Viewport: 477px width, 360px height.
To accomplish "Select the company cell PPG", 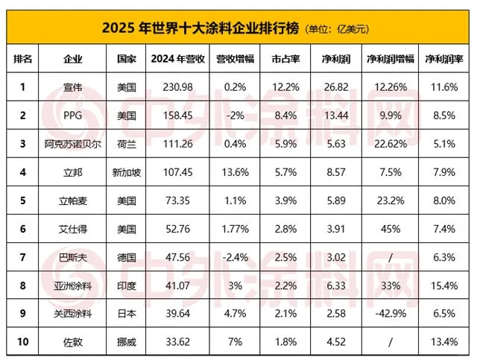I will coord(74,116).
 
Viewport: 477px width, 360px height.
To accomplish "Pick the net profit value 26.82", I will coord(335,87).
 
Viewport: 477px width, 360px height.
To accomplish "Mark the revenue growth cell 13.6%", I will coord(229,171).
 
